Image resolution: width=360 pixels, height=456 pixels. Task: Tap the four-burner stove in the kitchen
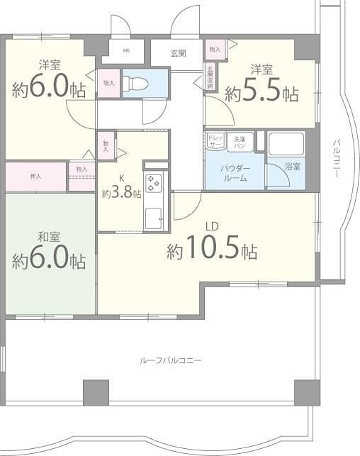pos(154,183)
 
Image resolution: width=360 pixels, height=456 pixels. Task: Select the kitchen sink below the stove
pos(153,218)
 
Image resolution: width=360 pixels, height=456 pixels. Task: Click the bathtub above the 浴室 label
pos(286,145)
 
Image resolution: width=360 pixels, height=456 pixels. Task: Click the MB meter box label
pos(127,51)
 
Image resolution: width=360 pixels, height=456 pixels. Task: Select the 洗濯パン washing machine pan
pos(242,140)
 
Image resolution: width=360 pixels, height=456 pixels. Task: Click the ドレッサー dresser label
pos(214,140)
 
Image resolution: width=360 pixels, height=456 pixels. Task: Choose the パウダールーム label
pos(234,173)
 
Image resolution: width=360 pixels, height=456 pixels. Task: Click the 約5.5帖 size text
pos(261,92)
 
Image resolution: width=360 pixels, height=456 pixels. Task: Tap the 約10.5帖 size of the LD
pos(211,250)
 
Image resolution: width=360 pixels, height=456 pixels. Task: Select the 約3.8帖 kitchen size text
pos(121,193)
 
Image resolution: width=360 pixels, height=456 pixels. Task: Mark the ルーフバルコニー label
pos(170,360)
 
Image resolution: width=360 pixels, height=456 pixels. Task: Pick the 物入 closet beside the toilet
pos(108,83)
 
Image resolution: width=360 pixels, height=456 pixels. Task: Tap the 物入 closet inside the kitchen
pos(106,145)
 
